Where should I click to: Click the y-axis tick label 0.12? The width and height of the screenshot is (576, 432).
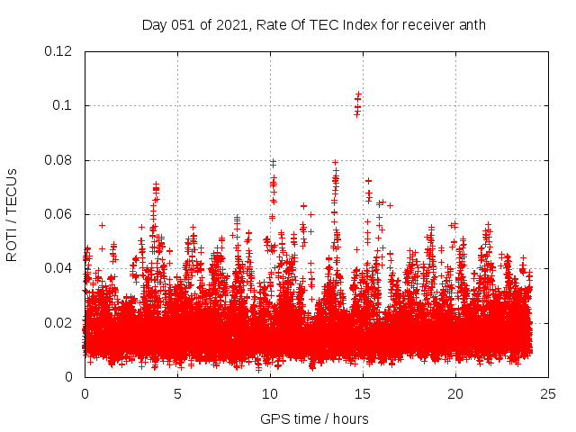[60, 51]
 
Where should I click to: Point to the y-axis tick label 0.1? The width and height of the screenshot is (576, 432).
[66, 105]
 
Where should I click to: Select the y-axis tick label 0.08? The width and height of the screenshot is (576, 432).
[60, 160]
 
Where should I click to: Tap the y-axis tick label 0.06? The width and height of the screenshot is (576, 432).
[60, 214]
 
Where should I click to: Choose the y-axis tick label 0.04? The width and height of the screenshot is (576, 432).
[60, 268]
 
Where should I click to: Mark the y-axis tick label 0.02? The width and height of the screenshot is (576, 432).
[60, 322]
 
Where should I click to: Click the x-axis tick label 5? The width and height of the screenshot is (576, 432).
[177, 394]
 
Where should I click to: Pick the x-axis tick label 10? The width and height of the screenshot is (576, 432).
[270, 394]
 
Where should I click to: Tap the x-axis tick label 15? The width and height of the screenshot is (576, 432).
[363, 394]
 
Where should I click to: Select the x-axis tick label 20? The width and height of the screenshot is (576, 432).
[455, 394]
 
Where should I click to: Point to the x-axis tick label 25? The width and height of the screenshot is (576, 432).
[548, 394]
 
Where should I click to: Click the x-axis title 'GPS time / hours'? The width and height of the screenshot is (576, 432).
[314, 418]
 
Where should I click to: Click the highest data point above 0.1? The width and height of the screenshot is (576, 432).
[358, 94]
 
